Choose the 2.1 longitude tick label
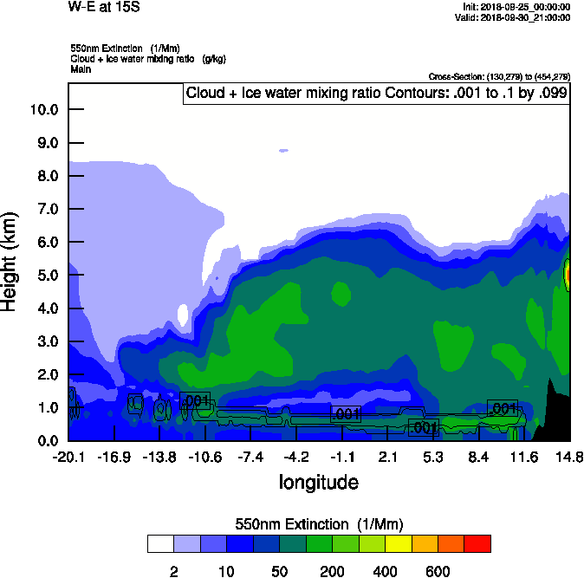(x=387, y=457)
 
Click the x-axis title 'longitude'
(x=318, y=481)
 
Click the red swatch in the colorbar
(x=477, y=544)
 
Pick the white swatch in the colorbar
(x=160, y=544)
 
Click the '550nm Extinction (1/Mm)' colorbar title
(x=319, y=524)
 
